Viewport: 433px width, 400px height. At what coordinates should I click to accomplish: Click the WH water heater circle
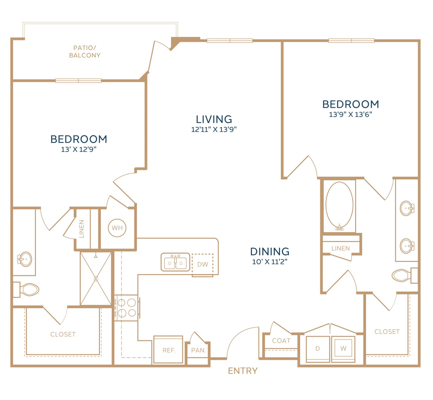117,228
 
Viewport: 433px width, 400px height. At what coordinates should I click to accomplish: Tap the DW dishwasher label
202,264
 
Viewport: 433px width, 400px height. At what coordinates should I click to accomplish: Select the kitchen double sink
175,262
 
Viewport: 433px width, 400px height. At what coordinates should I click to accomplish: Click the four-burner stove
127,308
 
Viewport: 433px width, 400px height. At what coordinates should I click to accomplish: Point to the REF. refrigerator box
168,350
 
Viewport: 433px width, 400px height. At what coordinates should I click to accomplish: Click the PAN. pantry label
198,350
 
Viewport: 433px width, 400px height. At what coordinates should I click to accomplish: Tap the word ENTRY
243,371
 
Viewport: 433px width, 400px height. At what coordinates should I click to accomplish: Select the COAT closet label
281,341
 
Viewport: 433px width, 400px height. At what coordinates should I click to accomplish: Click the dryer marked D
318,349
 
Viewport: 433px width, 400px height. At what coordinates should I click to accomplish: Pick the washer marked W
343,349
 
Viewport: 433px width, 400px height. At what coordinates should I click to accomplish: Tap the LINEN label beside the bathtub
341,248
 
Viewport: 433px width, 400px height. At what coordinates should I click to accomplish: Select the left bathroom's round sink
25,259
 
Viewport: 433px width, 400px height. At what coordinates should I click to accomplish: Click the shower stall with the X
96,278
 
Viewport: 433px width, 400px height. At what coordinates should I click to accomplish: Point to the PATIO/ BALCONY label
85,52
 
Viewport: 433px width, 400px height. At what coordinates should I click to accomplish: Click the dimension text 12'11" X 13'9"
214,129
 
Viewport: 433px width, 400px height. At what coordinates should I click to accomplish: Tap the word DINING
270,252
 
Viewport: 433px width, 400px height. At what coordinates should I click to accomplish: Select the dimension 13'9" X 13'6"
351,114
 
